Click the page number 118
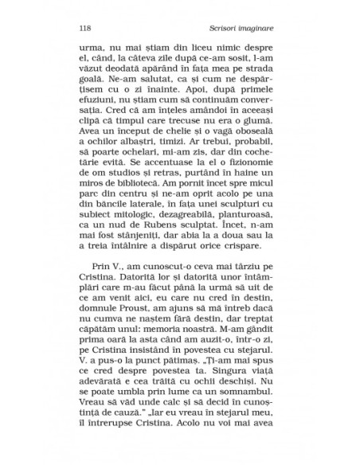point(85,29)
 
